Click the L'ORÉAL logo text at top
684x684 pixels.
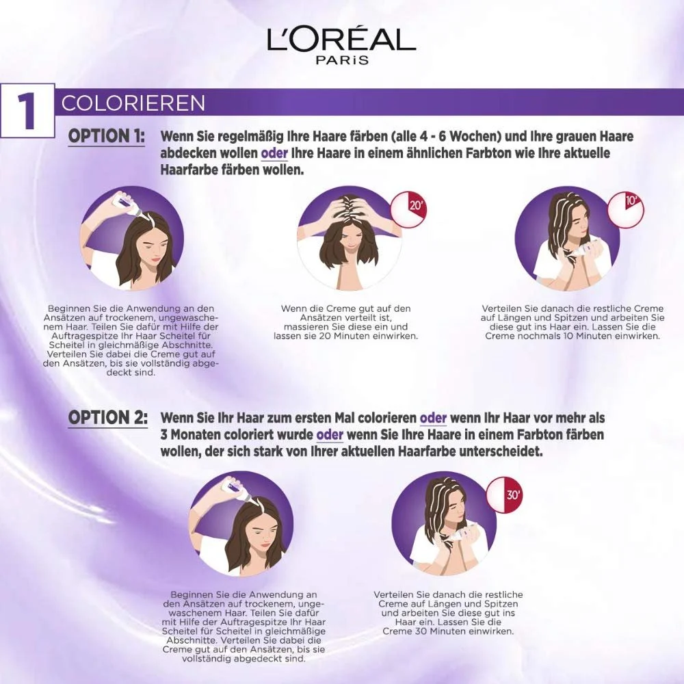[341, 40]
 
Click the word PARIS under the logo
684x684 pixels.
[342, 60]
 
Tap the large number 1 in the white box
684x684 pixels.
[27, 110]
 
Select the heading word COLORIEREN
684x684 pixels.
[133, 103]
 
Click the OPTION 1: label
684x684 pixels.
[106, 136]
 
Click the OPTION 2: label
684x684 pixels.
[107, 418]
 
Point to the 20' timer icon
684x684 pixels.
[408, 209]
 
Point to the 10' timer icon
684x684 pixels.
[625, 208]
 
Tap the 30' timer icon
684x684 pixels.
[504, 495]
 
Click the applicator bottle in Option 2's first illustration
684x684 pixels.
[234, 489]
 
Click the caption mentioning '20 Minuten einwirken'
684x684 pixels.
[345, 322]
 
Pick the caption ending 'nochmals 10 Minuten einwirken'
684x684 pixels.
[572, 322]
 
